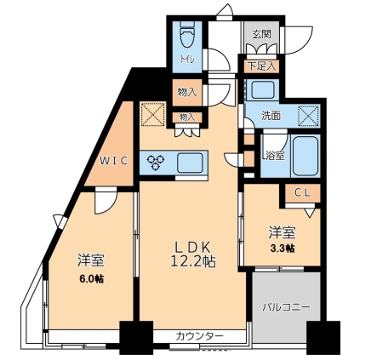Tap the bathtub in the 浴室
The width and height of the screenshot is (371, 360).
coord(304,153)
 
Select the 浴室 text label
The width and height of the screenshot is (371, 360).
coord(273,157)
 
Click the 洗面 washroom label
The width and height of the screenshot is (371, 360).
coord(271,114)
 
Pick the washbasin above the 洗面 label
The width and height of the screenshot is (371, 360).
coord(260,90)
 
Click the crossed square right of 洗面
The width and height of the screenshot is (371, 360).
coord(307,114)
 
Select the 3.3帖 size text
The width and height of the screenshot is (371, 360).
coord(284,248)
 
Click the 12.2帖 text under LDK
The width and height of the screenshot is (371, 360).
coord(195,262)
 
